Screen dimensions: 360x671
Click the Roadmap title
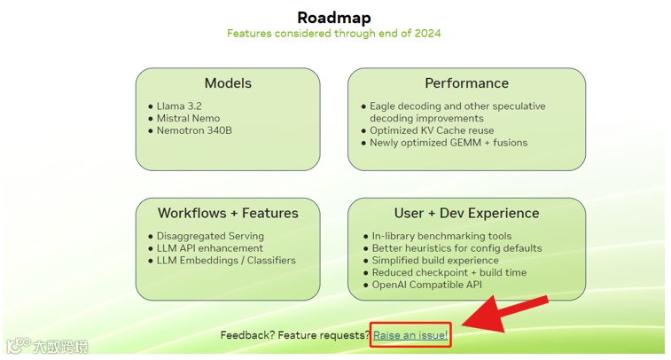(333, 17)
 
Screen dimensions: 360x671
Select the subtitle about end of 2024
(333, 34)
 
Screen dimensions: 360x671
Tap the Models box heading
(228, 83)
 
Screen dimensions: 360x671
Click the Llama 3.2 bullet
(183, 106)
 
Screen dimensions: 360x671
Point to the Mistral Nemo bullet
(188, 118)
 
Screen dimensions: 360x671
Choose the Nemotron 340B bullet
(194, 130)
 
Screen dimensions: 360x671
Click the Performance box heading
(466, 83)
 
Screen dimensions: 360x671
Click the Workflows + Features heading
(228, 213)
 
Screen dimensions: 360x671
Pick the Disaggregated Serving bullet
(210, 236)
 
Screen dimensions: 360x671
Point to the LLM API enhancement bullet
(210, 248)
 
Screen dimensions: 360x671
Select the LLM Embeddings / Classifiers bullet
(226, 261)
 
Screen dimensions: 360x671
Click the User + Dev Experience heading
(466, 213)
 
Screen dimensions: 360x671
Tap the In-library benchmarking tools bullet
(441, 236)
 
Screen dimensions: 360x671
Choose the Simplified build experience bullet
(434, 261)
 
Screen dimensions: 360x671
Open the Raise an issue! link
(410, 335)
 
